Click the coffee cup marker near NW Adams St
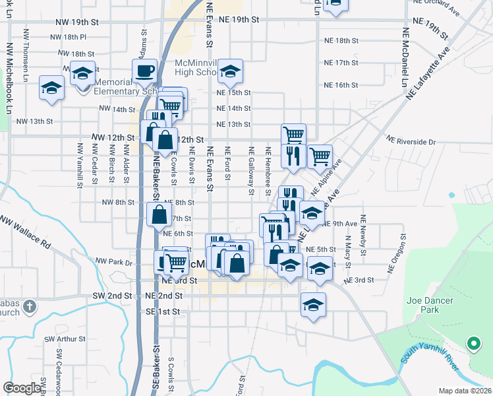[x=144, y=71]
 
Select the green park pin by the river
[x=473, y=343]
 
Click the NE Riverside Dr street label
[x=411, y=141]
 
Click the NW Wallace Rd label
[x=25, y=231]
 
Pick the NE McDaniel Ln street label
[x=409, y=53]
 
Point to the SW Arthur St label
[x=65, y=339]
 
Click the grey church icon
[x=29, y=306]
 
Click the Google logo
[x=22, y=388]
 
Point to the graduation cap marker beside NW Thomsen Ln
[x=51, y=88]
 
